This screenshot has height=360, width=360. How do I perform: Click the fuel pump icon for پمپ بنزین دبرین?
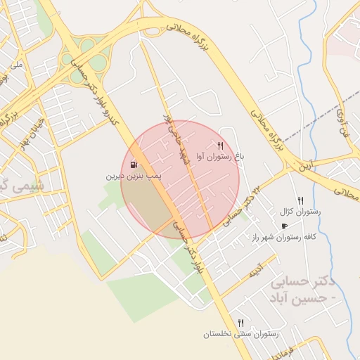pyautogui.click(x=134, y=165)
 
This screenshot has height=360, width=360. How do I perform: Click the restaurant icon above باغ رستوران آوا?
pyautogui.click(x=220, y=146)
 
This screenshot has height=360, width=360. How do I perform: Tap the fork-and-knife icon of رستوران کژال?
pyautogui.click(x=300, y=200)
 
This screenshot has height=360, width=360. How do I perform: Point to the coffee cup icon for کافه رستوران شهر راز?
pyautogui.click(x=284, y=226)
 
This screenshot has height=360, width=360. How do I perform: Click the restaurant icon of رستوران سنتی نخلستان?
pyautogui.click(x=240, y=323)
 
